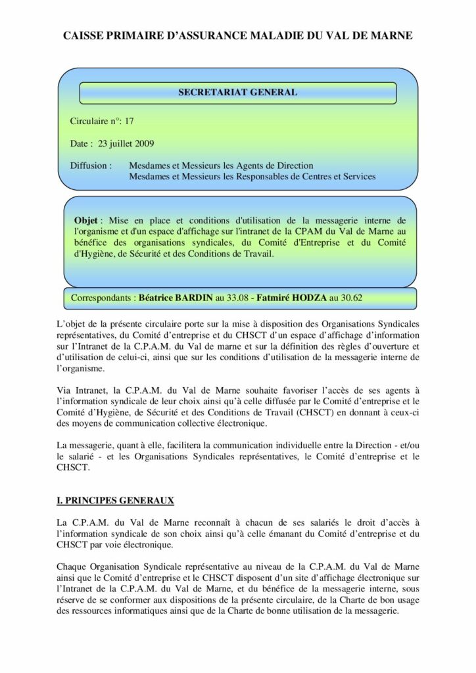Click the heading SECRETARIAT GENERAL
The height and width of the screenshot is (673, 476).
coord(237,93)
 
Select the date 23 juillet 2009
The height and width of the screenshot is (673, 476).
coord(126,143)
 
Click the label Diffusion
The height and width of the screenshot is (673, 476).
coord(88,166)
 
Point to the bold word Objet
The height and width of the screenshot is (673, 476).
coord(85,221)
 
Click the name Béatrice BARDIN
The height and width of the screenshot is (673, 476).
coord(176,298)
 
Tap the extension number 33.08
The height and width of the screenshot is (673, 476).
coord(235,298)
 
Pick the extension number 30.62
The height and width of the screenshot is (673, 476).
coord(350,298)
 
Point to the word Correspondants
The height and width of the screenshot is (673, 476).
coord(102,298)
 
